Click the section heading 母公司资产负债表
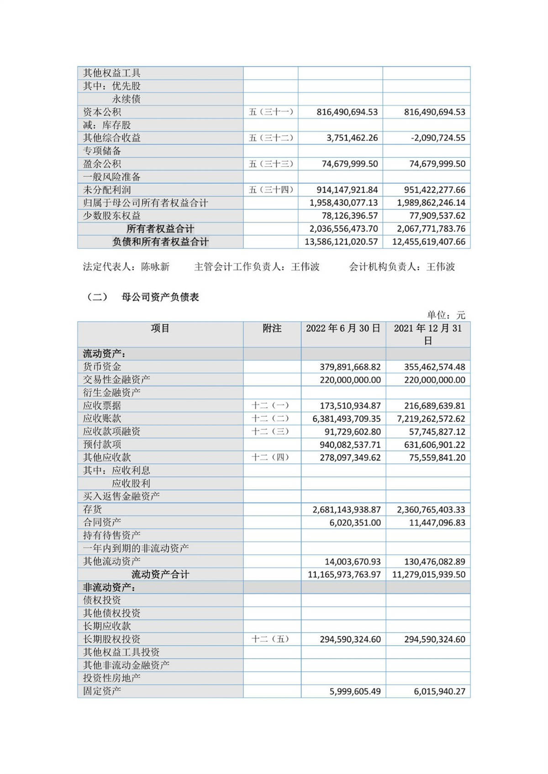click(x=160, y=297)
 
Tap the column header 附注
click(x=272, y=328)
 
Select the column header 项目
click(x=160, y=328)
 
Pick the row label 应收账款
click(x=102, y=419)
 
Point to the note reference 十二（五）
click(x=271, y=639)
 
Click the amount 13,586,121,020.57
click(x=341, y=242)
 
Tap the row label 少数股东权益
click(x=111, y=216)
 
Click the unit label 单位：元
click(x=446, y=315)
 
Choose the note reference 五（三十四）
click(x=271, y=190)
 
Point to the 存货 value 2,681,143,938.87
click(x=347, y=510)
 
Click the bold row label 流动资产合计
click(x=160, y=575)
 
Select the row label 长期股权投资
click(x=111, y=639)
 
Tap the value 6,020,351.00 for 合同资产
click(x=355, y=523)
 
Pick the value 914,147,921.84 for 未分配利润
click(x=347, y=190)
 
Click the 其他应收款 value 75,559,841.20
click(x=437, y=457)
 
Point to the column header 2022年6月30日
click(x=343, y=328)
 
